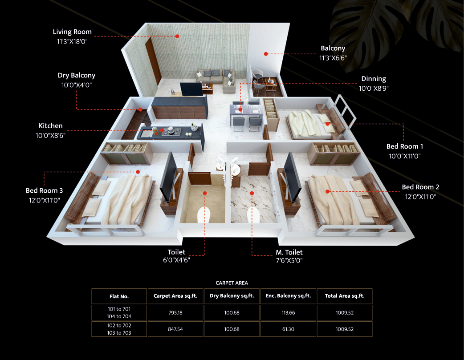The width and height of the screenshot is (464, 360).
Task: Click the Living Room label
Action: coord(72,32)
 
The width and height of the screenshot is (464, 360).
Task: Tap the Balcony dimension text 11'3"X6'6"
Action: coord(333,58)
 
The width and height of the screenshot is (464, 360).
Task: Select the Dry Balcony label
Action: coord(77,76)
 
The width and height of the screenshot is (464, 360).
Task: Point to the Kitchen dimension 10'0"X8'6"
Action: coord(51,135)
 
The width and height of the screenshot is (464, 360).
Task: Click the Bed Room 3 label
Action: coord(45,190)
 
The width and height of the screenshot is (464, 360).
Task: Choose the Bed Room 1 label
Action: coord(404,146)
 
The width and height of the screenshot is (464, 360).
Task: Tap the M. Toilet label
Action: coord(289,252)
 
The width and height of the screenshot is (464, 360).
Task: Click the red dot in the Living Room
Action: coord(177,36)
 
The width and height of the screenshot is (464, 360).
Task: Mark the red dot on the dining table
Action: coord(240,110)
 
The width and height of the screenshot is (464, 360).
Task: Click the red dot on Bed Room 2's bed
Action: coord(327,192)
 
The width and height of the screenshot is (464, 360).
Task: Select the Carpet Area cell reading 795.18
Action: coord(175,313)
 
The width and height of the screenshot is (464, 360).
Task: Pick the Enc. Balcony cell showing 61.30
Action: coord(288,329)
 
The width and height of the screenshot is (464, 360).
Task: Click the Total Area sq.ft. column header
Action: coord(345,296)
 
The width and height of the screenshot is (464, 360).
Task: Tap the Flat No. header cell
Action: coord(119,296)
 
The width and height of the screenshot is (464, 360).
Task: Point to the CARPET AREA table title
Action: coord(232,283)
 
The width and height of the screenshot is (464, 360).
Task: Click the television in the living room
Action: coord(191,89)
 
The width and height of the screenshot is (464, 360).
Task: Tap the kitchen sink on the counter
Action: coord(147,133)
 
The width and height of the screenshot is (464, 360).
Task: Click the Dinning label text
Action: coord(374,79)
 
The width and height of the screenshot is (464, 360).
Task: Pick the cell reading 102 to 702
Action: coord(119,325)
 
